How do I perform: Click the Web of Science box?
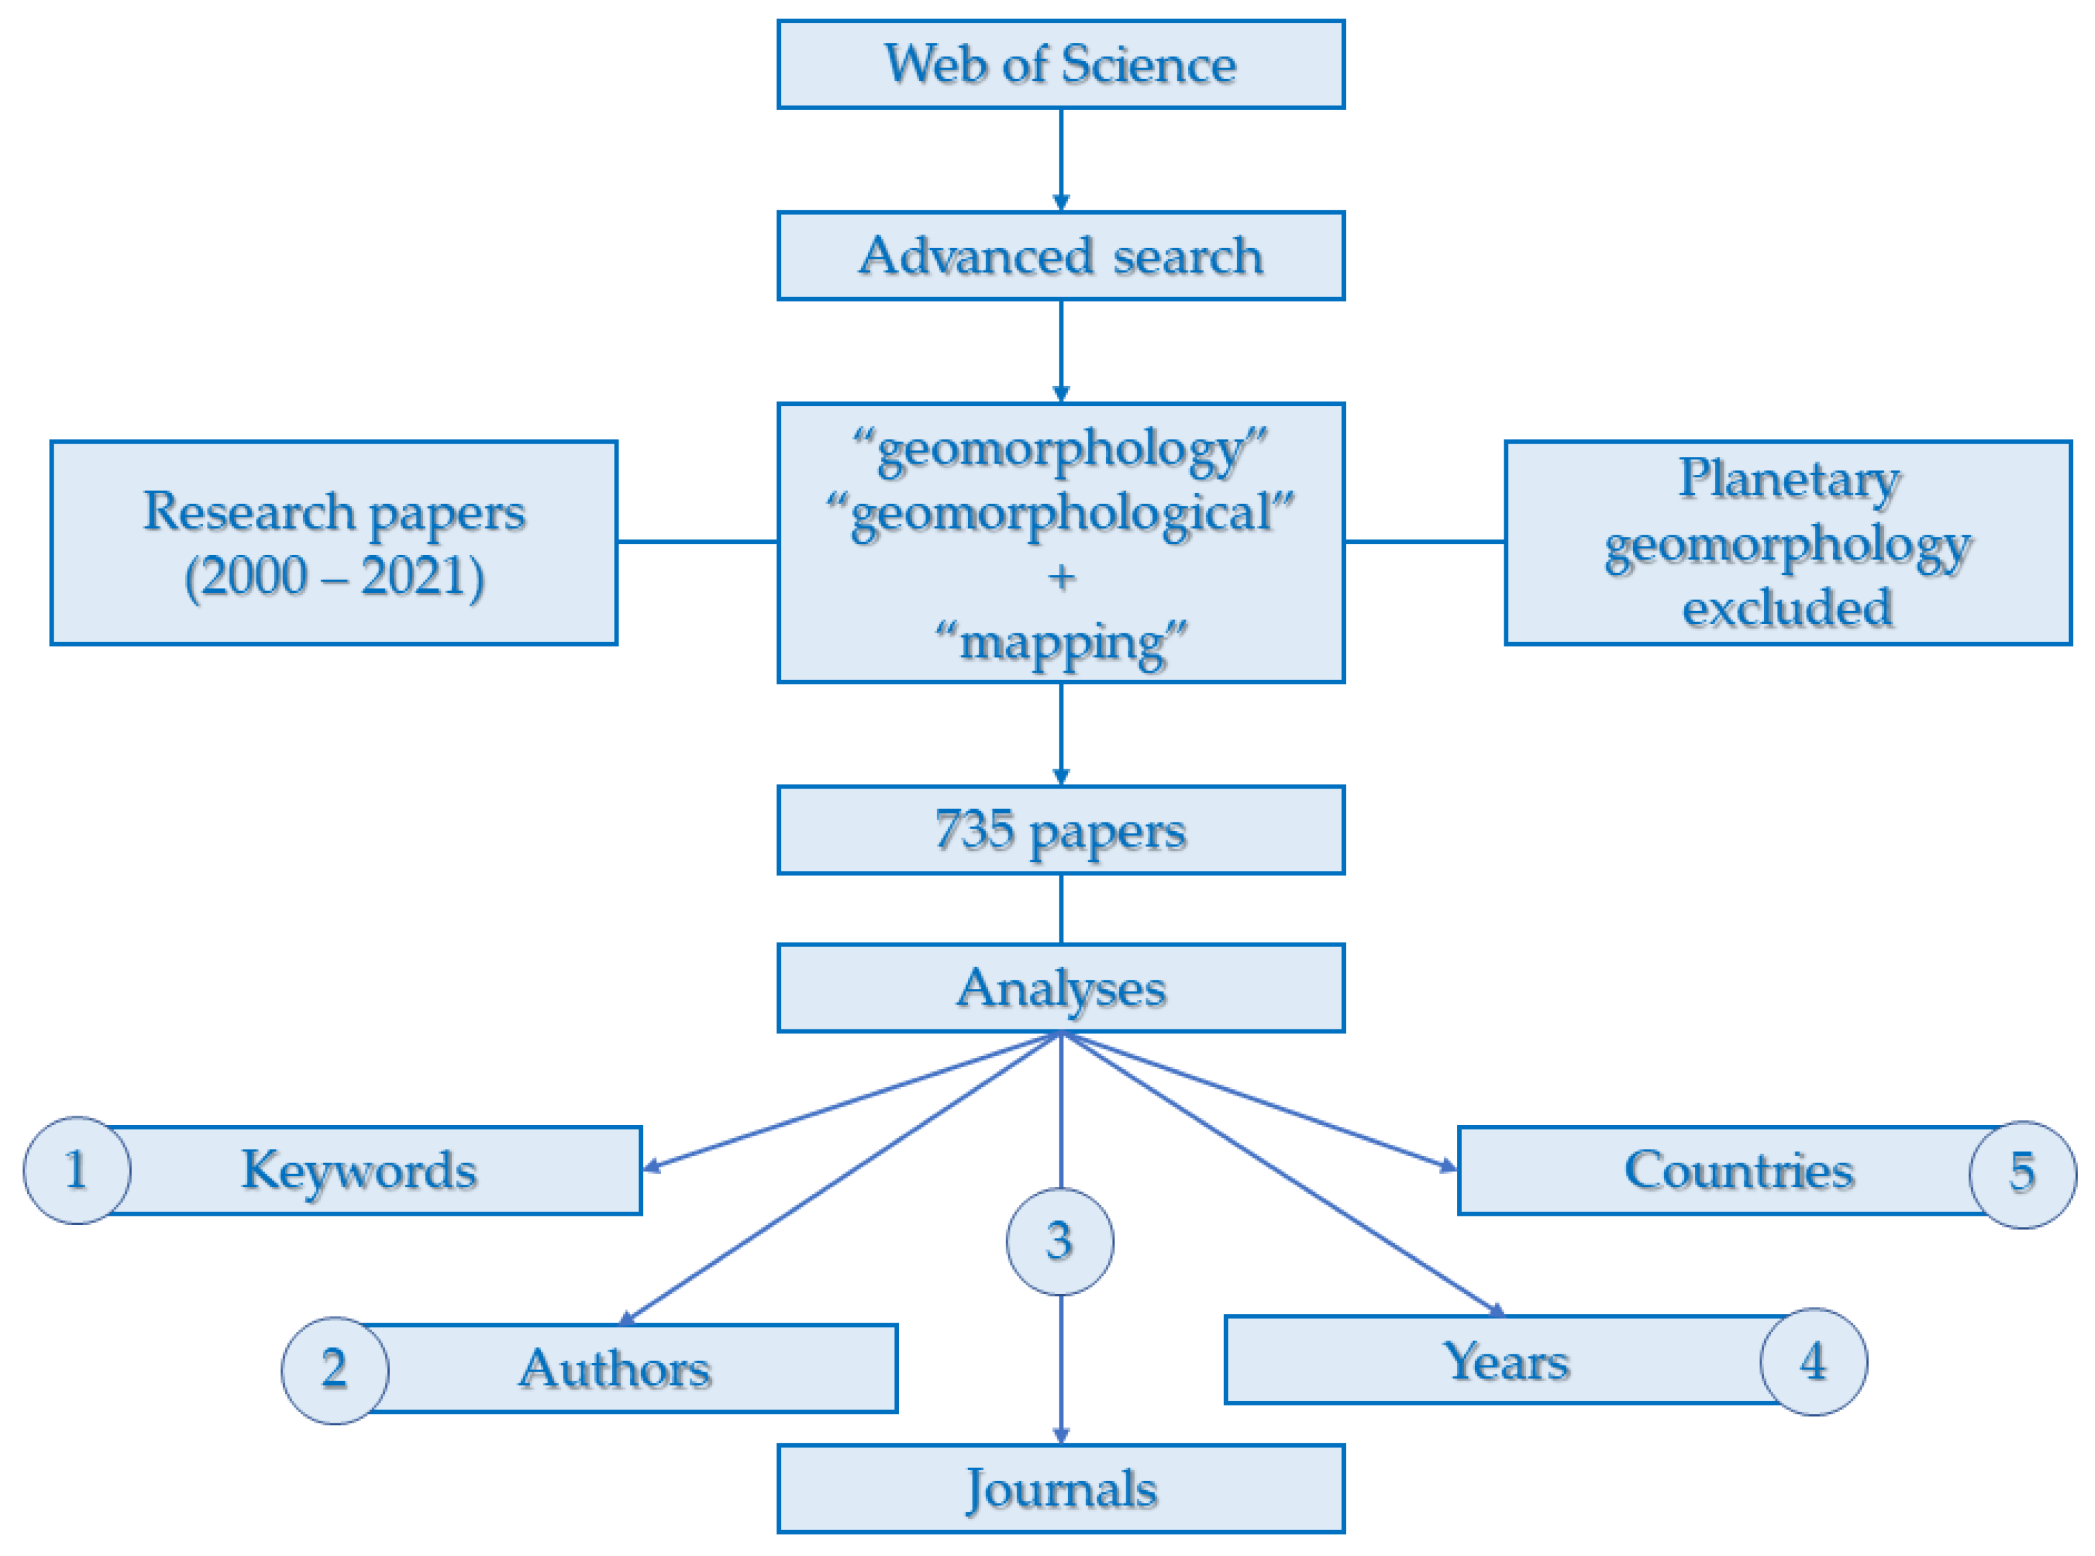click(1060, 64)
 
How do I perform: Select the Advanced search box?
click(1060, 255)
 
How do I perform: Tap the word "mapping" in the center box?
click(1060, 643)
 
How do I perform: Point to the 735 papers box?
click(1060, 830)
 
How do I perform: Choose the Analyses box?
click(1060, 988)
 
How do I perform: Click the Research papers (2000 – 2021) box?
click(333, 543)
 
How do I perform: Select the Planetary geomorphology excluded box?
click(1787, 543)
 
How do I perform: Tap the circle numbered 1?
click(77, 1170)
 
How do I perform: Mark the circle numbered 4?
click(1813, 1361)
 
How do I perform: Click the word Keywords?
click(359, 1170)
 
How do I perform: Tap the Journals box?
click(1060, 1488)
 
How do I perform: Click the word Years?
click(1506, 1361)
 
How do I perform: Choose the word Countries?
click(1738, 1170)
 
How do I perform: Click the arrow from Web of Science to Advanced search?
click(1060, 159)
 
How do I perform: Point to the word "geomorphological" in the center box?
click(1060, 513)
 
